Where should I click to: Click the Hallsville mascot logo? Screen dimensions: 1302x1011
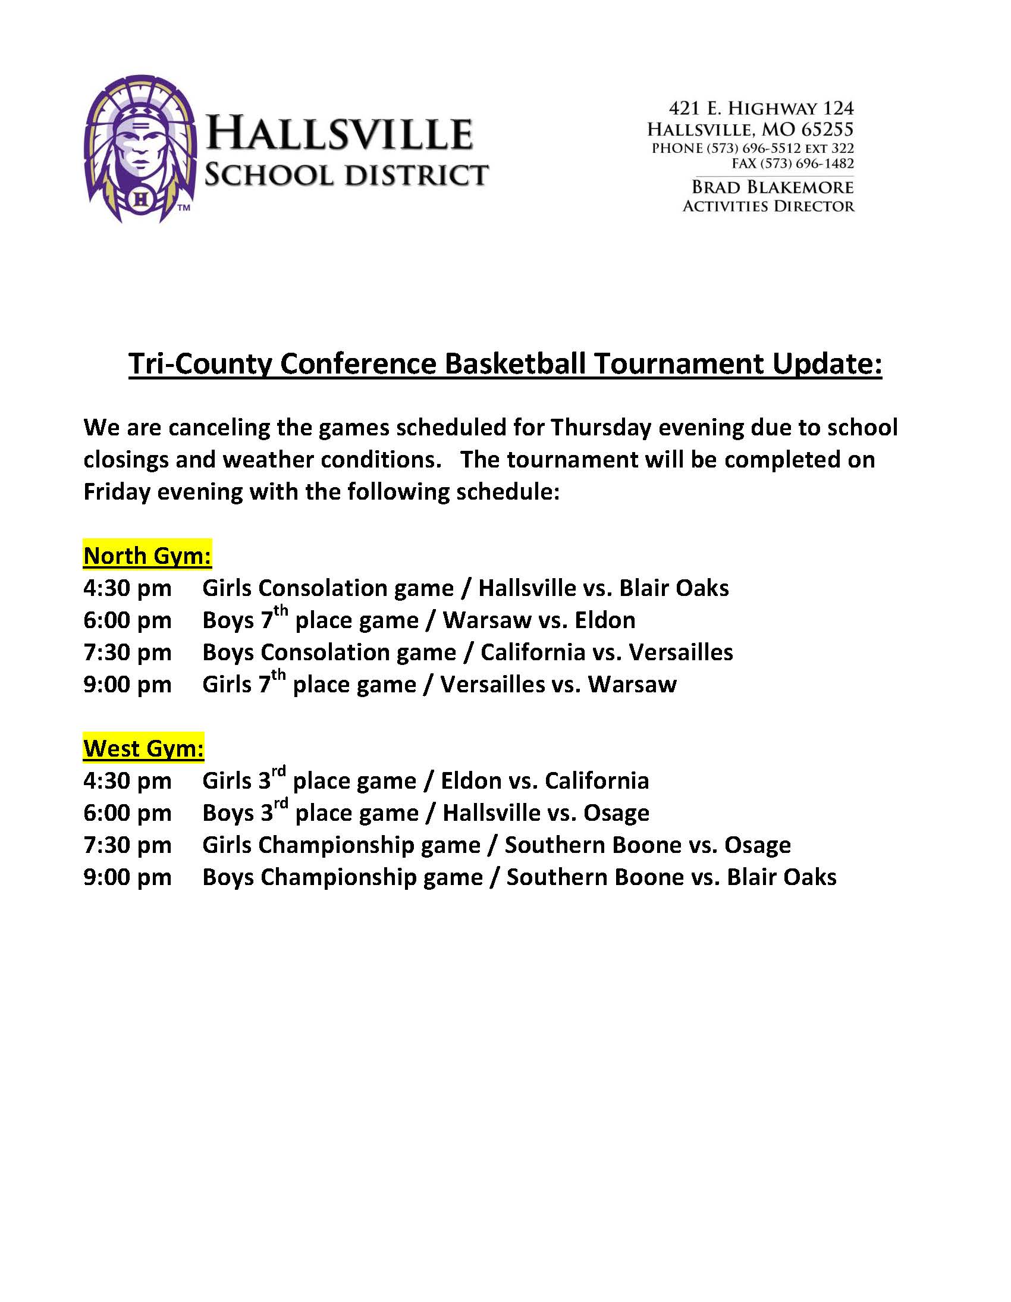[x=141, y=149]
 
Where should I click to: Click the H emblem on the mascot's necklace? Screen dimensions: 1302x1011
[x=141, y=199]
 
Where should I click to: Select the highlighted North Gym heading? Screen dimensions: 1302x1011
[x=147, y=556]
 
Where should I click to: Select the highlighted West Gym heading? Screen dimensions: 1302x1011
[x=144, y=748]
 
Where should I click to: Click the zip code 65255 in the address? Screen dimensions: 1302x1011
[x=827, y=129]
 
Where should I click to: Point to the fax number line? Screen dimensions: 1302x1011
[x=792, y=164]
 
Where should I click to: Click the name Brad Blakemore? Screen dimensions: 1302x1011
[x=772, y=187]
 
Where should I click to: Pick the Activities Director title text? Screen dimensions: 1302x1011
[x=768, y=206]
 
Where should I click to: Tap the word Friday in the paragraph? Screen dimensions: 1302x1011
[x=116, y=492]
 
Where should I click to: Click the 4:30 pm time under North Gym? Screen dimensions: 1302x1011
[x=127, y=588]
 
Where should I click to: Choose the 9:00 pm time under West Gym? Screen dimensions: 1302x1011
[x=127, y=877]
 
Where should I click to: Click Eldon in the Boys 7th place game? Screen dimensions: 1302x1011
[x=604, y=620]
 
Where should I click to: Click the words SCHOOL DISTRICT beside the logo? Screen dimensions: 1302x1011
[x=346, y=175]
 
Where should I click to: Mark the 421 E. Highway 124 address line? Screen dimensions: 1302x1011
[x=761, y=108]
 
